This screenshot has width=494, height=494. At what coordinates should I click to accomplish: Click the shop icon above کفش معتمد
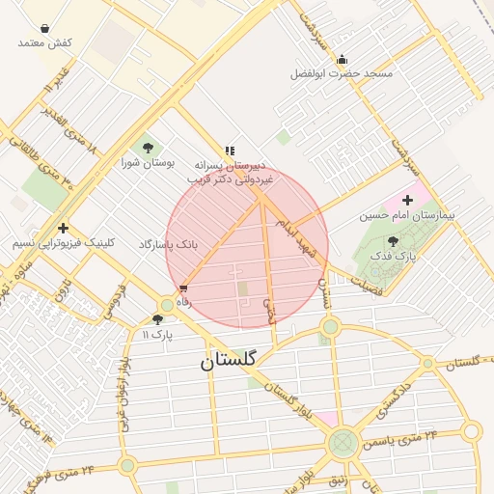click(45, 28)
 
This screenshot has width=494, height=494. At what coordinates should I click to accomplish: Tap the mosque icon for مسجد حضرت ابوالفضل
click(341, 60)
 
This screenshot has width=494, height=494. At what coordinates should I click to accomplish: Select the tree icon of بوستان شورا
click(148, 148)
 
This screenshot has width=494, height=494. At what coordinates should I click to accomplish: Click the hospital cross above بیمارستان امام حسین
click(408, 200)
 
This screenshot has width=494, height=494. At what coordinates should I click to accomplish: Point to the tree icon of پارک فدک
click(392, 241)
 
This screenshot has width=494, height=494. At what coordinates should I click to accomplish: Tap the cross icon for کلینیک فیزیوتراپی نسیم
click(63, 229)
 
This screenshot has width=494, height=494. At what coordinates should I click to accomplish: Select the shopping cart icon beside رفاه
click(183, 288)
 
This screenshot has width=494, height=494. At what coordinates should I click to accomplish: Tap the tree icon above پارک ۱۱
click(157, 319)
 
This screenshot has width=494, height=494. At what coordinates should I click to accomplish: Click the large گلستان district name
click(229, 361)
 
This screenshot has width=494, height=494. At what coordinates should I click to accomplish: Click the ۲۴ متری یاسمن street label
click(399, 439)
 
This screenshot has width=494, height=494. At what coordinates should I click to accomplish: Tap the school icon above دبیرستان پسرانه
click(230, 151)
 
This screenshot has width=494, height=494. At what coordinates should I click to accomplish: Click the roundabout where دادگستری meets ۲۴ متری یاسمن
click(343, 444)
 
